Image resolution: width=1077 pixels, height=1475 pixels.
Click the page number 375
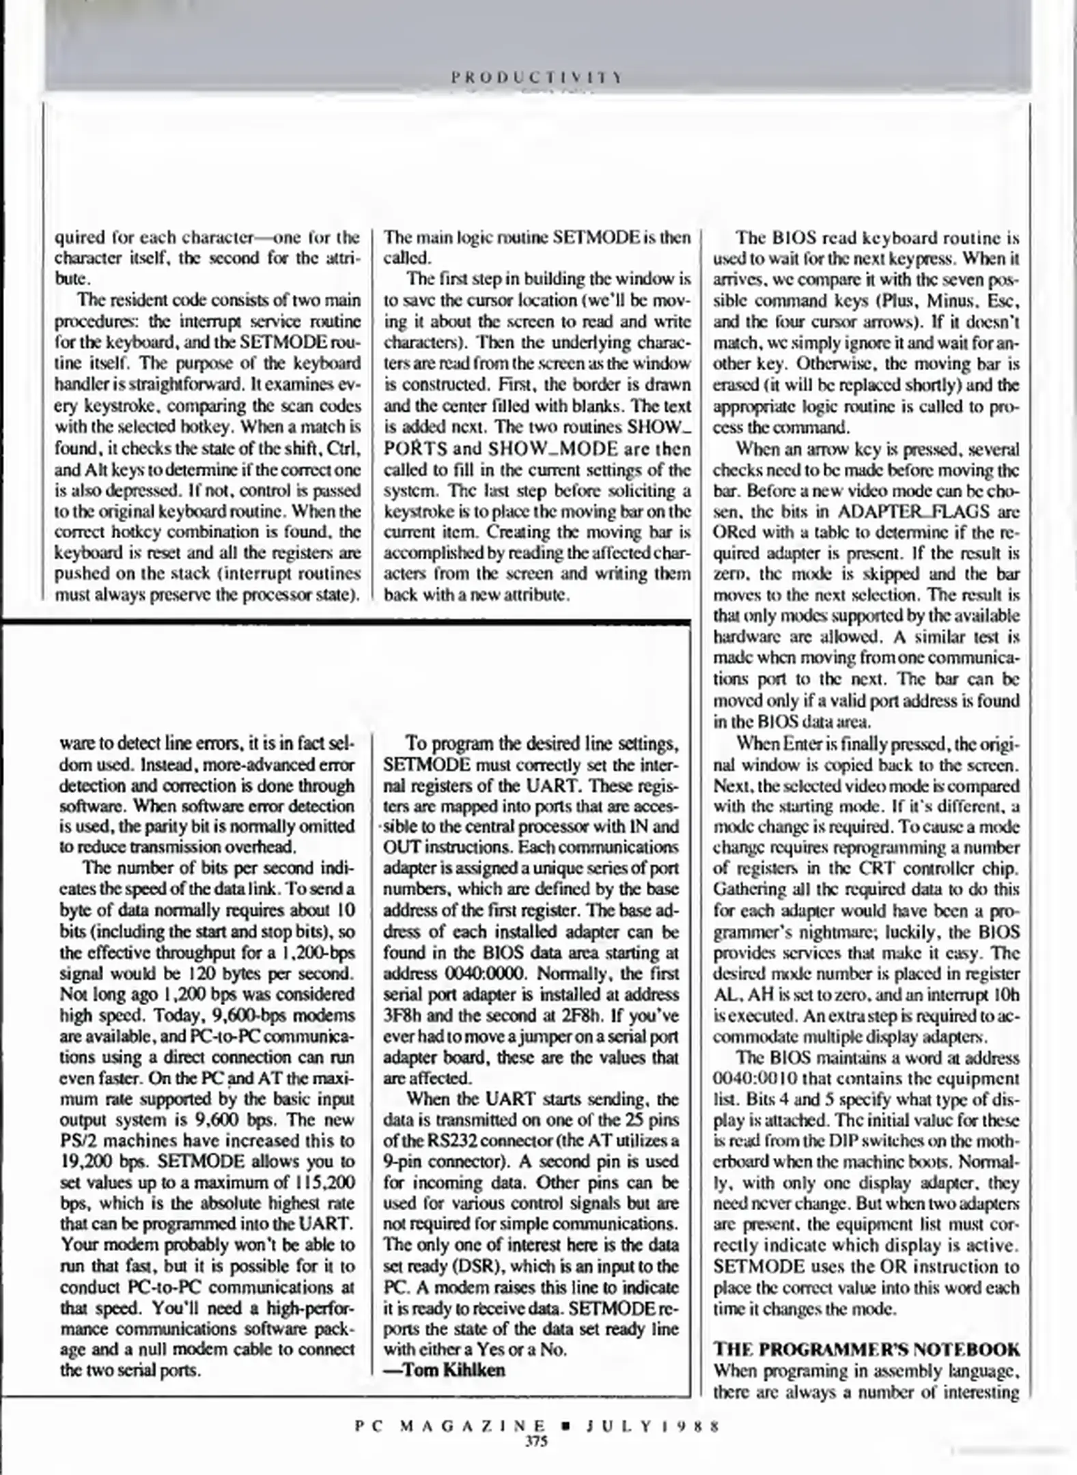click(x=537, y=1442)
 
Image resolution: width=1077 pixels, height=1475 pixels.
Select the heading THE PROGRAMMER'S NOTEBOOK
click(x=866, y=1349)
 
